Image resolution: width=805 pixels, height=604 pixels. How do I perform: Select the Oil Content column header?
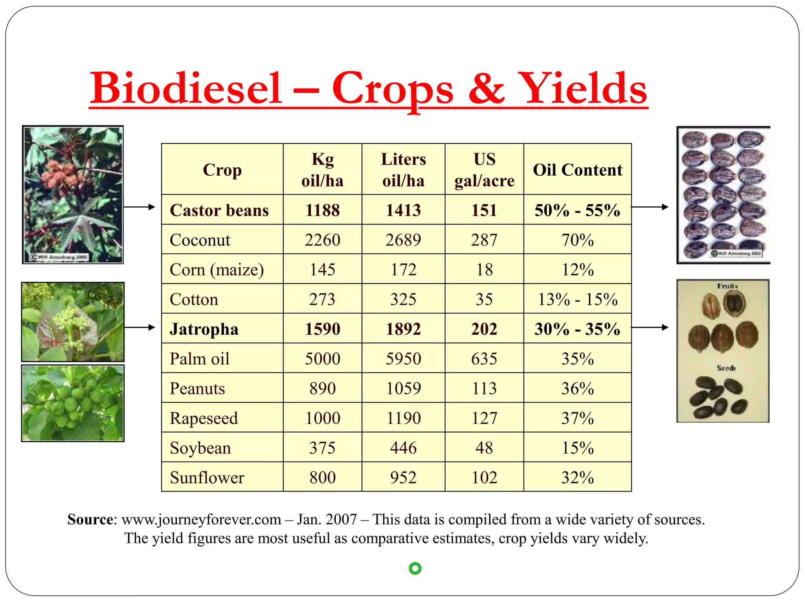click(577, 170)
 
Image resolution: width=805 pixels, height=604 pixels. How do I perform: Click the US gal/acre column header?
click(484, 170)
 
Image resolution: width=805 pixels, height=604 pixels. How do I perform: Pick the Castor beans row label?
click(219, 210)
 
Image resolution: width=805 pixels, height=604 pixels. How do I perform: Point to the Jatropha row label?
click(204, 329)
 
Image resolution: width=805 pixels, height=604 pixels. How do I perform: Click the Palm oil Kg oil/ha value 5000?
click(322, 359)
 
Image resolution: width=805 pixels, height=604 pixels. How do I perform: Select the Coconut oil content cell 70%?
click(577, 240)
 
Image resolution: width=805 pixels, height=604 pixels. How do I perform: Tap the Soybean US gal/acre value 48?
click(484, 448)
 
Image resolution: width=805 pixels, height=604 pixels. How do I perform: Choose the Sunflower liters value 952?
click(403, 477)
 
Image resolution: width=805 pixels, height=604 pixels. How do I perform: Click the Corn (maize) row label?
click(217, 270)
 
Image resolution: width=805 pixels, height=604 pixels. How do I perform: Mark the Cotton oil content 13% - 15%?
click(577, 299)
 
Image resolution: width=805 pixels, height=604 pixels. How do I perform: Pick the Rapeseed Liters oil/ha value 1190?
click(403, 418)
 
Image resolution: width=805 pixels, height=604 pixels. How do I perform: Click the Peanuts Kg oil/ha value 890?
click(322, 389)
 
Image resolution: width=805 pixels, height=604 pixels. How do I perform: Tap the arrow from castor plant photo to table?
click(140, 207)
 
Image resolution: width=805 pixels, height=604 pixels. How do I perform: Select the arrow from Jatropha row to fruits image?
click(649, 327)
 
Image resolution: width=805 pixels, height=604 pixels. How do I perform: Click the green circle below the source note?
click(415, 568)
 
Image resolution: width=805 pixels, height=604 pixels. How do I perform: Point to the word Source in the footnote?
click(90, 519)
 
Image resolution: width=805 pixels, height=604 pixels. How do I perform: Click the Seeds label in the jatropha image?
click(726, 368)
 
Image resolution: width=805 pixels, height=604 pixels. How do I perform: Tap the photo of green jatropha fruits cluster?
click(73, 403)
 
